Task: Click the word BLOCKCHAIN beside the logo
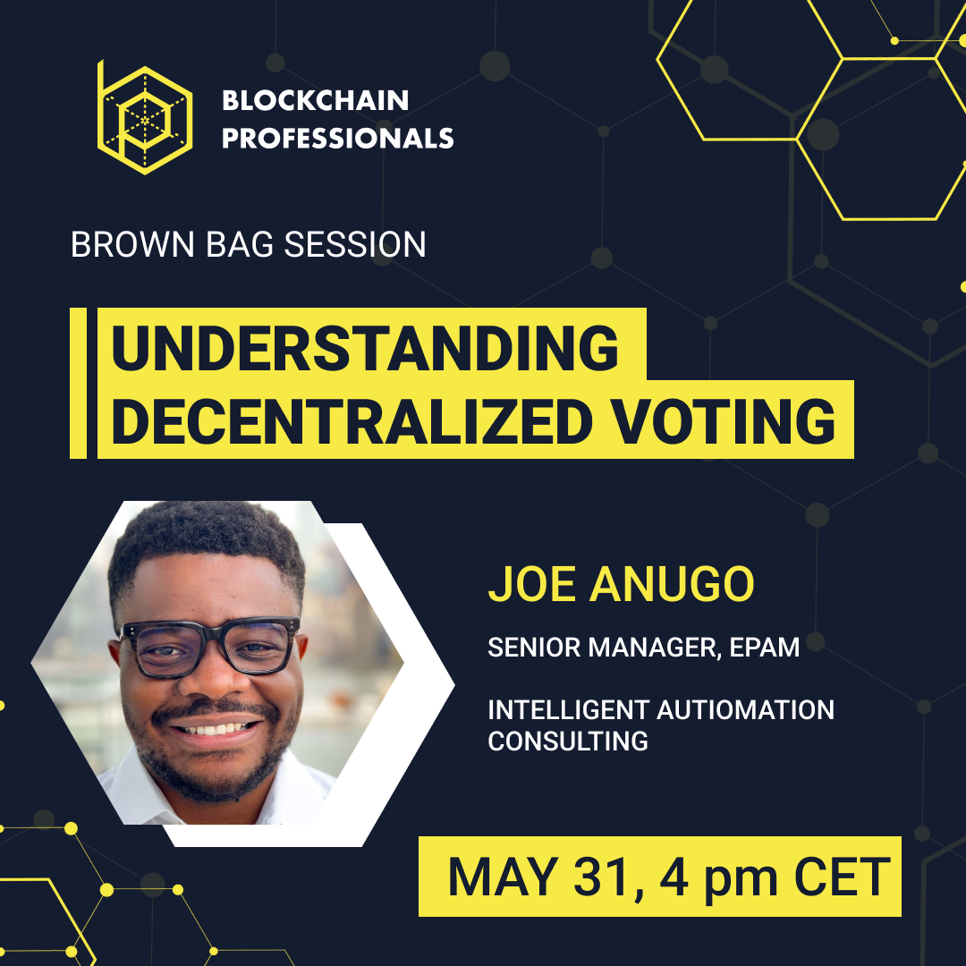(x=315, y=100)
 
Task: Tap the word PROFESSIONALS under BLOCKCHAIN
(x=337, y=139)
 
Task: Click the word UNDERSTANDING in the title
(x=365, y=348)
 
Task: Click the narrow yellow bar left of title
(x=78, y=383)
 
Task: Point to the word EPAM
(x=764, y=648)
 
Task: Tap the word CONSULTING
(x=567, y=741)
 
